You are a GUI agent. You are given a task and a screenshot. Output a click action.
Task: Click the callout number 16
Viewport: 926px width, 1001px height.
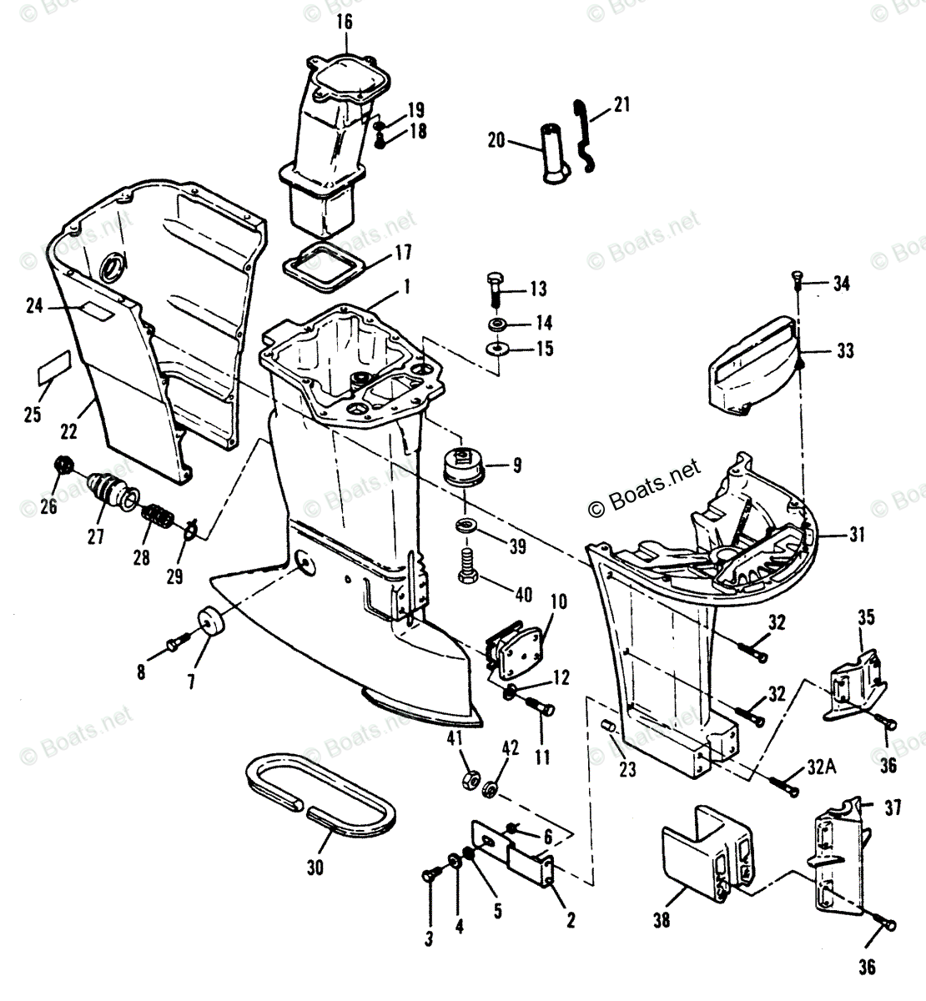click(x=345, y=23)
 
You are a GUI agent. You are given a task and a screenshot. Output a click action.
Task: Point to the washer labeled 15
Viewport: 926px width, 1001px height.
click(x=498, y=349)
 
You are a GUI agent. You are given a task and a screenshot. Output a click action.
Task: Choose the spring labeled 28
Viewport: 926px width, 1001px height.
click(x=157, y=521)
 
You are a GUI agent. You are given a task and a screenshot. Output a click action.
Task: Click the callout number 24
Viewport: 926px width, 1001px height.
click(x=33, y=307)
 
